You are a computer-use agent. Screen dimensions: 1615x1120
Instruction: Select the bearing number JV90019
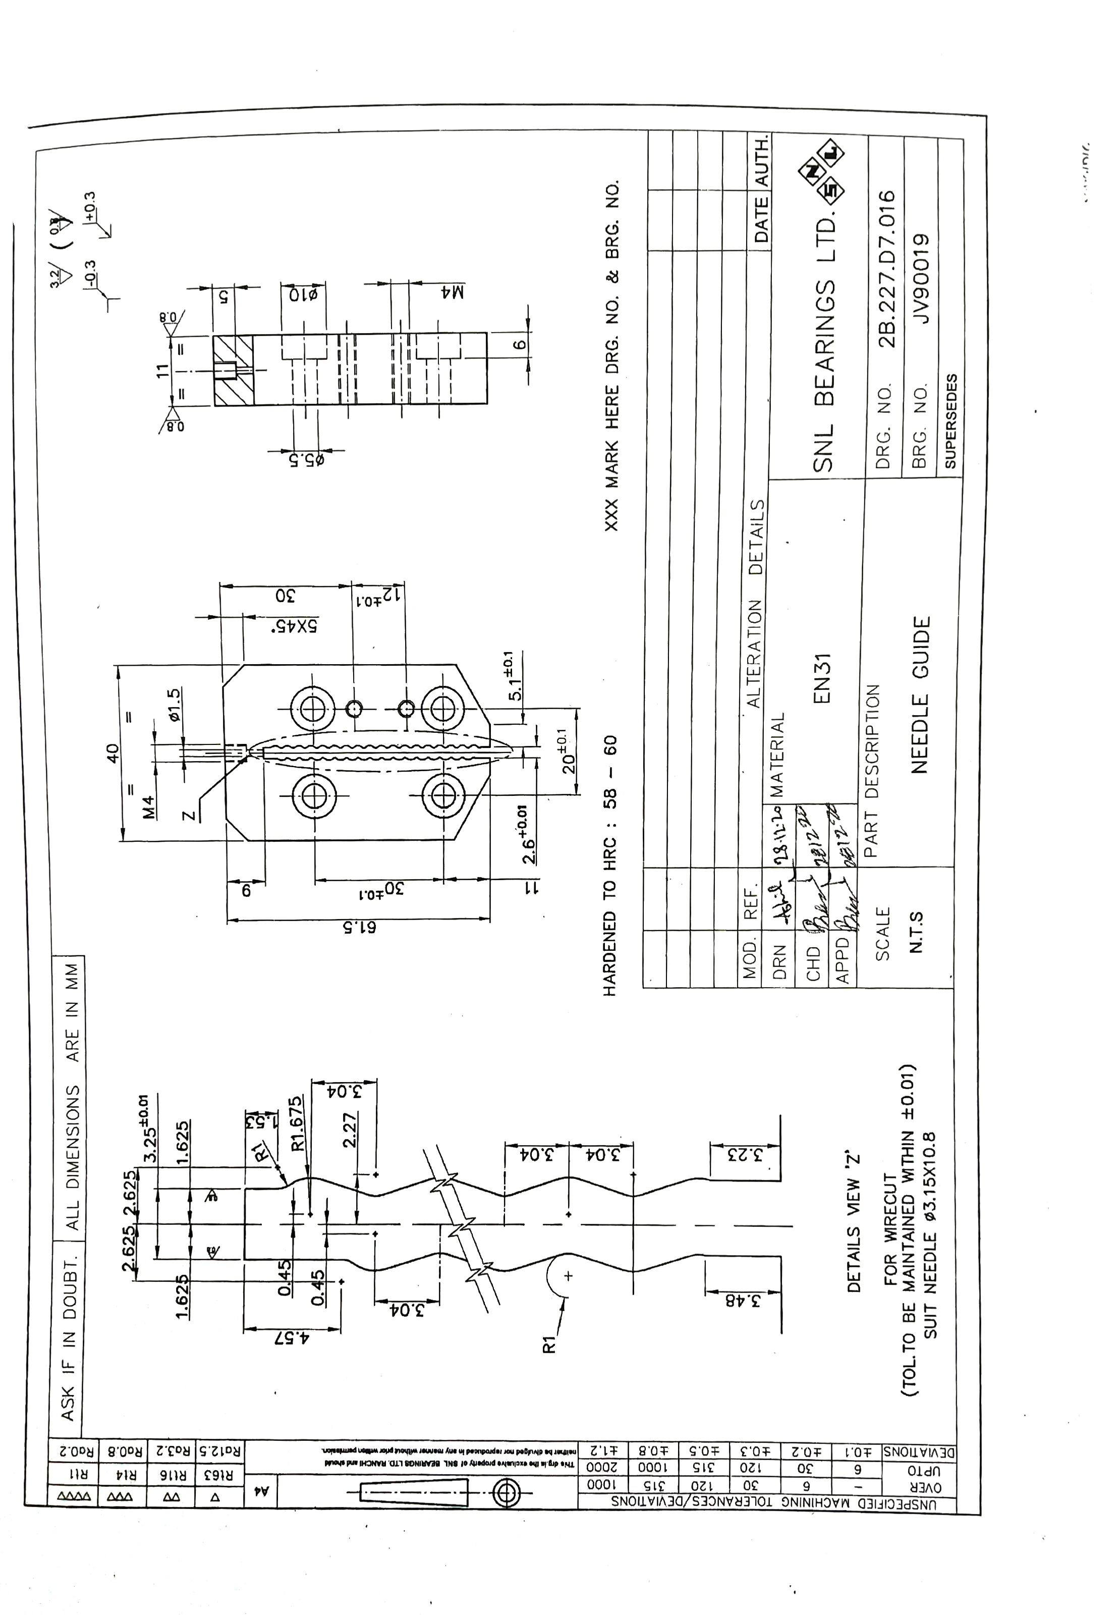coord(919,279)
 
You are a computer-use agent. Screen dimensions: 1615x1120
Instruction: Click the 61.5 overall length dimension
coord(359,927)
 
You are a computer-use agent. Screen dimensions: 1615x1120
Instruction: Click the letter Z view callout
coord(187,816)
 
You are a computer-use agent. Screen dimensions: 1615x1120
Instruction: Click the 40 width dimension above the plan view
coord(113,753)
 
